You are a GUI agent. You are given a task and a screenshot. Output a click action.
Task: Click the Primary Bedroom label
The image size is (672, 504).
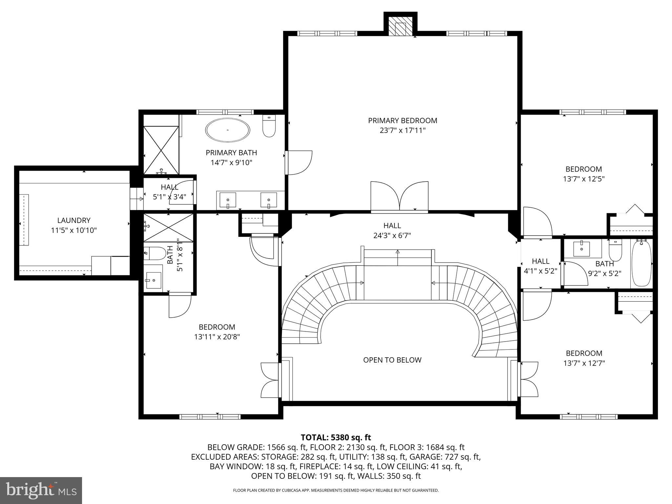pos(403,121)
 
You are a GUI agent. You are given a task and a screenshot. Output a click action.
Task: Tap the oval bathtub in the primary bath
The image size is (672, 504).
pos(227,130)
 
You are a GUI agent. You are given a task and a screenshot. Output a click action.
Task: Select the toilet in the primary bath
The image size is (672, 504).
pos(269,126)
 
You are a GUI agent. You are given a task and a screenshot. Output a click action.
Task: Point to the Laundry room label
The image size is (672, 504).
pos(73,220)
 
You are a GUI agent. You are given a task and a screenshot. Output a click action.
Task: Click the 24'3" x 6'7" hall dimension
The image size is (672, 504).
pos(392,236)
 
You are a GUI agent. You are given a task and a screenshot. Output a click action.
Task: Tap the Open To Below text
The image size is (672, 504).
pos(392,360)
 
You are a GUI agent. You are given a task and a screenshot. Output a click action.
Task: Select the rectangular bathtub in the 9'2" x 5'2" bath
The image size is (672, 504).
pos(641,262)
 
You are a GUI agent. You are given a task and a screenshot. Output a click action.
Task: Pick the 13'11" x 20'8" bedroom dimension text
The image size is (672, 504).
pos(217,337)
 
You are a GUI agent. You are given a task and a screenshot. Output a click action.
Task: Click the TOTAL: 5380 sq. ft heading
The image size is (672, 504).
pos(336,437)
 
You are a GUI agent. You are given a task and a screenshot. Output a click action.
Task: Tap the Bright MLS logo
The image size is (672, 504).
pos(41,490)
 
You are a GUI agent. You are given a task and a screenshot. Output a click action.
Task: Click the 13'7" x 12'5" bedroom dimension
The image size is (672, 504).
pos(583,179)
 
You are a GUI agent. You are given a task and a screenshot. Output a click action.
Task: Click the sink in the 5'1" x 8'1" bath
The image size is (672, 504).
pos(154,280)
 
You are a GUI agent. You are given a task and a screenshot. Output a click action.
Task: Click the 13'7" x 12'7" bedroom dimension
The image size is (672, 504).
pos(584,363)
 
